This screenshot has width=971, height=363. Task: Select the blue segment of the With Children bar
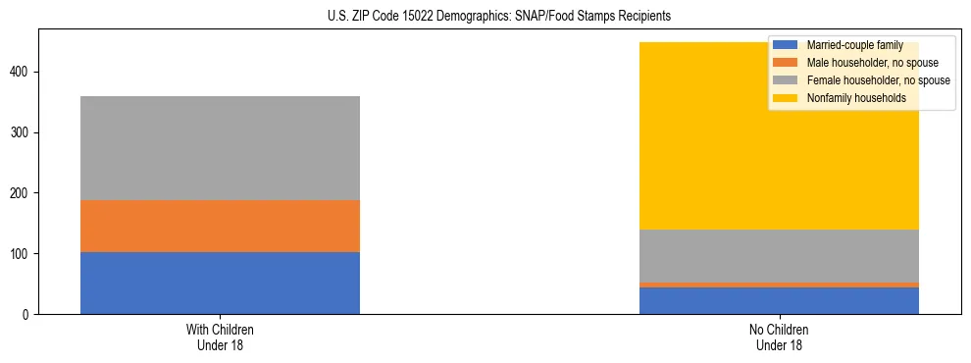220,283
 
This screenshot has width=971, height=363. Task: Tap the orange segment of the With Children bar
220,226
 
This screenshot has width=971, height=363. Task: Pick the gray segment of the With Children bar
220,148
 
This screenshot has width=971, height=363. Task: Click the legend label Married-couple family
854,45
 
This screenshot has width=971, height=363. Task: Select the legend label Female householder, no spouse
878,80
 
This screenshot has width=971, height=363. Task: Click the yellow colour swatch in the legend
786,98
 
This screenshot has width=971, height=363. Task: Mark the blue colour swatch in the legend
786,45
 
